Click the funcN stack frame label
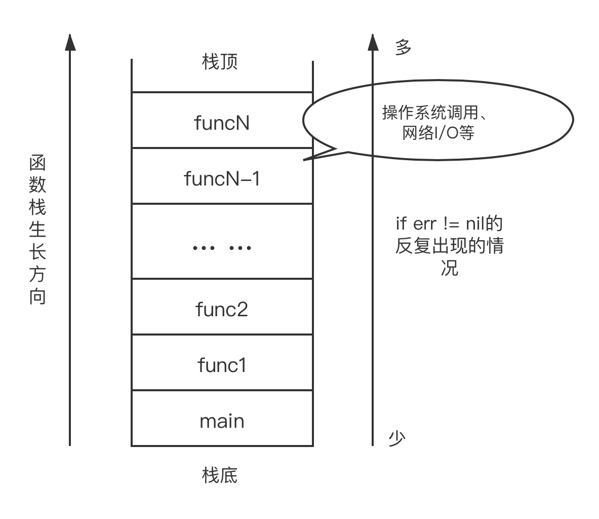coord(222,123)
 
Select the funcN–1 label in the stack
coord(222,178)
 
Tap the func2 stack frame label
coord(222,309)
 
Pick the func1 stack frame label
coord(222,365)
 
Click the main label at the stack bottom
coord(222,421)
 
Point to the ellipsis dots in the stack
coord(222,248)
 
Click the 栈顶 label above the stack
coord(220,62)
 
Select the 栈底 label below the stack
coord(220,475)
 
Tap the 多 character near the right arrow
coord(403,48)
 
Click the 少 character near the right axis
coord(397,438)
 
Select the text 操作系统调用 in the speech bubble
coord(428,113)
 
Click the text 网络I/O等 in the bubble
coord(438,133)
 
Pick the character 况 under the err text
coord(449,268)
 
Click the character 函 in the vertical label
coord(37,163)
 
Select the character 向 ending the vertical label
coord(37,296)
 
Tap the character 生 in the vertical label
coord(37,230)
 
